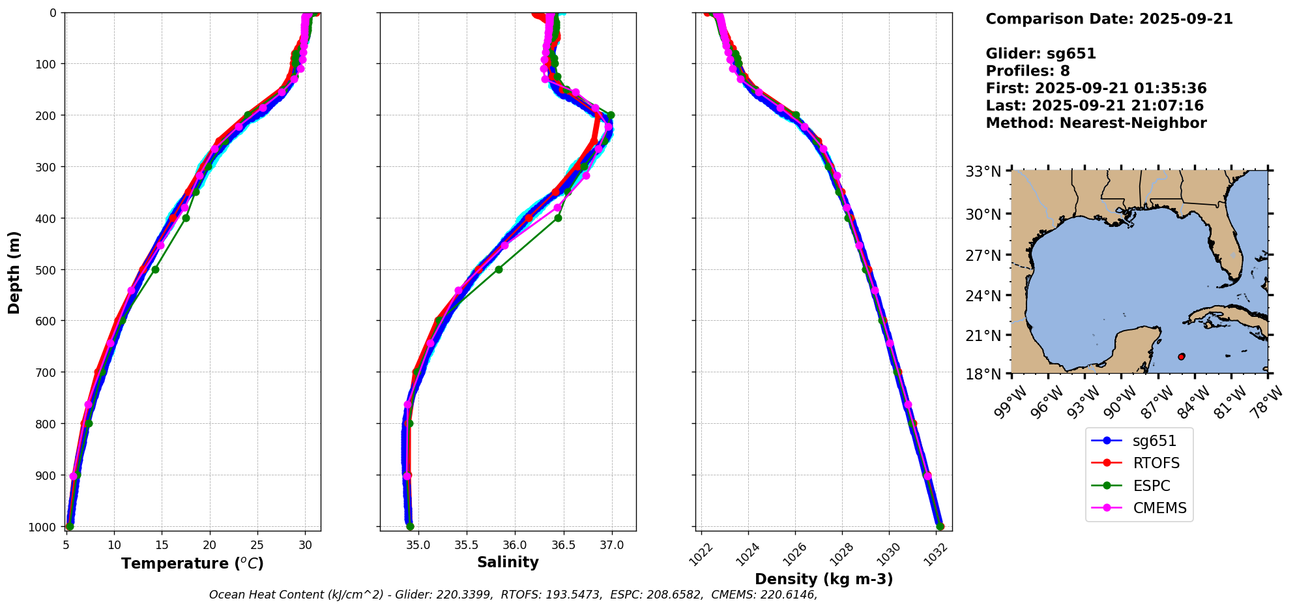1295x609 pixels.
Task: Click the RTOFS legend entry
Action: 1156,463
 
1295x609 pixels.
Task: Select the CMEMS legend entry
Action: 1159,508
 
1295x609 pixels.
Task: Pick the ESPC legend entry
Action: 1151,486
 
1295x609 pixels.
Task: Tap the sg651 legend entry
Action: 1154,441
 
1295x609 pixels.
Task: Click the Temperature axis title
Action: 192,563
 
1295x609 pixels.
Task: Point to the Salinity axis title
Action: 508,562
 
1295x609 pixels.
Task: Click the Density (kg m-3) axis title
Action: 824,579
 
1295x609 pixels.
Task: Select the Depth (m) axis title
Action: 14,272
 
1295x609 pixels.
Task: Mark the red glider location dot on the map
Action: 1181,357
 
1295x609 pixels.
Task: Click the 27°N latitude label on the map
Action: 983,256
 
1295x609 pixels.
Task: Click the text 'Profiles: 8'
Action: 1027,71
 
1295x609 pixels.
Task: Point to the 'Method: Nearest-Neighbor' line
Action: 1096,123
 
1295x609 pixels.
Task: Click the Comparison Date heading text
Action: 1109,19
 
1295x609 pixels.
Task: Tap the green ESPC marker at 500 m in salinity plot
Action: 499,269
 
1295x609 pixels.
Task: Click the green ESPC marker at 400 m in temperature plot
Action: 186,218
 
